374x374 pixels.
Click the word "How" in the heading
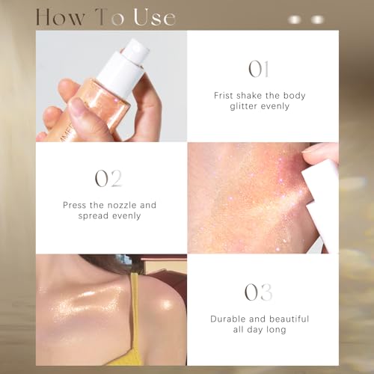click(60, 17)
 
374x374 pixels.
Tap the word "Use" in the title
click(155, 17)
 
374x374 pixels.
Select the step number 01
click(259, 69)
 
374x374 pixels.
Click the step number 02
click(108, 178)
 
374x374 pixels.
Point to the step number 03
click(258, 292)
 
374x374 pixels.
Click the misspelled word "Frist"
click(224, 96)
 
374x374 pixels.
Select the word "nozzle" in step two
click(122, 205)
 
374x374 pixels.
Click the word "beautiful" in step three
click(289, 319)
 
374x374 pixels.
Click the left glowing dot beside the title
click(295, 19)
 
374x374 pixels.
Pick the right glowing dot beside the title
click(317, 19)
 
